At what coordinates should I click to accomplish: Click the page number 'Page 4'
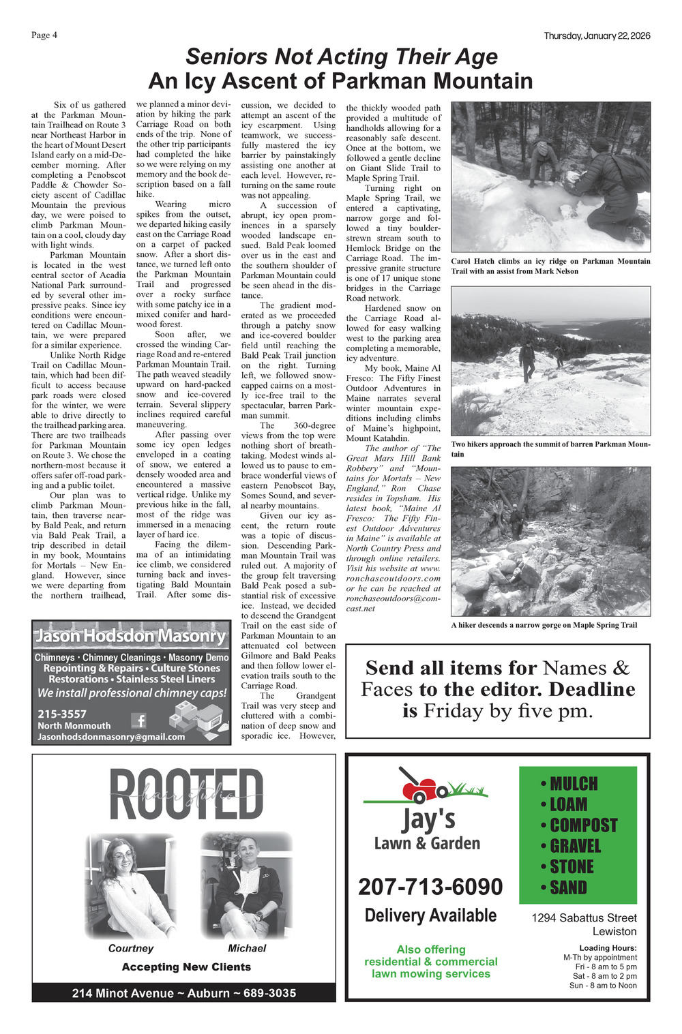pos(44,35)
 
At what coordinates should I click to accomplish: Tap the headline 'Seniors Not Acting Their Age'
pos(342,57)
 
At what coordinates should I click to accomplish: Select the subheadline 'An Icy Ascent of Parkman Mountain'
pos(340,81)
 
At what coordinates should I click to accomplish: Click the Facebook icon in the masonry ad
pos(139,720)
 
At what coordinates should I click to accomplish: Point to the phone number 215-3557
pos(62,714)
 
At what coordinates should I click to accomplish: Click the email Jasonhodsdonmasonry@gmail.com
pos(111,737)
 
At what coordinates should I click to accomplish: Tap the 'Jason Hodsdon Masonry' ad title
pos(130,636)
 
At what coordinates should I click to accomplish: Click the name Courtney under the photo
pos(131,948)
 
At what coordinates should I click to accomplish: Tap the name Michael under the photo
pos(247,948)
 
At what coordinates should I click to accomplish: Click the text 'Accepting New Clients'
pos(186,967)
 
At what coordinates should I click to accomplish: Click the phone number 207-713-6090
pos(430,887)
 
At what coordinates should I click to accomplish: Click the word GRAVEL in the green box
pos(575,846)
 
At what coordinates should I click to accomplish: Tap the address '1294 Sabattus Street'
pos(584,918)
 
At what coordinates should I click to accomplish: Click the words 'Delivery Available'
pos(430,915)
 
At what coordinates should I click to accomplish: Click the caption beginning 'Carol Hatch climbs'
pos(550,266)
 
